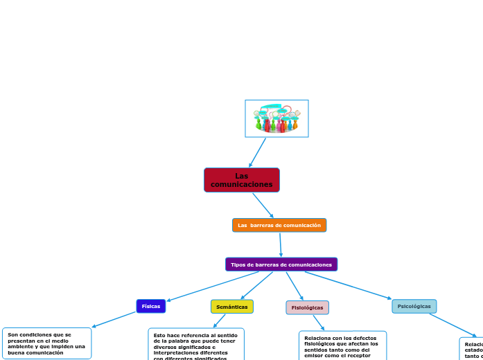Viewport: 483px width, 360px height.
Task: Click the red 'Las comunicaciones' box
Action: coord(242,180)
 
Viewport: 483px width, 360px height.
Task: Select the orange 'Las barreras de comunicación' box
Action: coord(279,225)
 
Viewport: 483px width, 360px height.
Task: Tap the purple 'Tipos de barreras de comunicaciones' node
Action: coord(281,264)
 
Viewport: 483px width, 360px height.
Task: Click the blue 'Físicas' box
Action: coord(150,306)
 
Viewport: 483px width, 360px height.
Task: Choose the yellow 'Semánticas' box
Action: coord(231,307)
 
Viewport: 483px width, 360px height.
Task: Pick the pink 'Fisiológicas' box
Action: coord(307,307)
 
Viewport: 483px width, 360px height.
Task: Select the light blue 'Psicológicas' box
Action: coord(414,306)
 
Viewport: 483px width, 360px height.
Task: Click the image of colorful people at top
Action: coord(276,118)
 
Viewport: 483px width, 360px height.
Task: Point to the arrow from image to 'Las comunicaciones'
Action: coord(258,152)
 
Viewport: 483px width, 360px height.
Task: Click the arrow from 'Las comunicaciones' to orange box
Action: coord(263,205)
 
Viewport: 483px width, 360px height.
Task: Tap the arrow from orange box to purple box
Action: coord(280,244)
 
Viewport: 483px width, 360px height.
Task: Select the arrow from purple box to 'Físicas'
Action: coord(213,286)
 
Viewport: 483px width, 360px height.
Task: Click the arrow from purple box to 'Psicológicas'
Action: coord(348,285)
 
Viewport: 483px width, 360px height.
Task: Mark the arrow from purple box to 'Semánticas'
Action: coord(256,285)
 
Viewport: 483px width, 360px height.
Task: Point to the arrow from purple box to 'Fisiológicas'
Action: coord(293,285)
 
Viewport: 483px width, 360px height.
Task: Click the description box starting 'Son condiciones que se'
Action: coord(46,343)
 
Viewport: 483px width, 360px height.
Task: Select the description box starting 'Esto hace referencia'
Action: coord(195,345)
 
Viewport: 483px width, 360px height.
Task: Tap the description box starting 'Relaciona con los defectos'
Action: coord(342,346)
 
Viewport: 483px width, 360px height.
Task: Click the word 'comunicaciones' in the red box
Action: coord(242,184)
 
